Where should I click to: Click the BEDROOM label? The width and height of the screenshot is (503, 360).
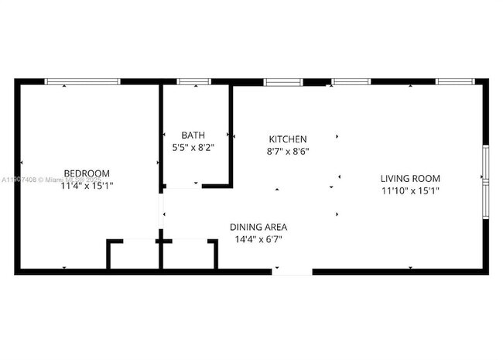[x=86, y=173]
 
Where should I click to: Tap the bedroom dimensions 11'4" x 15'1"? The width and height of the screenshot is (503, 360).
[x=86, y=185]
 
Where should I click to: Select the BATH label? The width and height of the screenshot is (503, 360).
[x=193, y=134]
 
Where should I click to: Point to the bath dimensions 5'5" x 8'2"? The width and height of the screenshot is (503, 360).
[x=193, y=146]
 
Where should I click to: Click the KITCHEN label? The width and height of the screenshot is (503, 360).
[x=288, y=139]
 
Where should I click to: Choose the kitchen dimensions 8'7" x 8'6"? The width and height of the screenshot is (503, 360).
[x=288, y=152]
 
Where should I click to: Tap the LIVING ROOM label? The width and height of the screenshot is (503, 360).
[x=410, y=178]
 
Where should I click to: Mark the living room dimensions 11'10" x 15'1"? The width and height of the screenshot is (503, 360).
[x=410, y=190]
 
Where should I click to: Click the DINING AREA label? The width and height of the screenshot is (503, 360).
[x=258, y=227]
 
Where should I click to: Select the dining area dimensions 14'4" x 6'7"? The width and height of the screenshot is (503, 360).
[x=258, y=239]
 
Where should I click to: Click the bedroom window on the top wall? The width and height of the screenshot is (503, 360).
[x=82, y=81]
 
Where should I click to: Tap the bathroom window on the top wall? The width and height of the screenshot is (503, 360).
[x=193, y=81]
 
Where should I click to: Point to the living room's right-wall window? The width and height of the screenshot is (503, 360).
[x=485, y=179]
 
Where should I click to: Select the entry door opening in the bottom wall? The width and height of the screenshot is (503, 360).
[x=292, y=271]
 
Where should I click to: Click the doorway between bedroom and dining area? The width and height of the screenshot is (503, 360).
[x=161, y=209]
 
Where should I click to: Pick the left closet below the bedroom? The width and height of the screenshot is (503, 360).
[x=134, y=255]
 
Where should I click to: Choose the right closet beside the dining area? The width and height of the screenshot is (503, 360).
[x=188, y=255]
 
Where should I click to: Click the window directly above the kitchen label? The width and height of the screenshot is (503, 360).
[x=283, y=81]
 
